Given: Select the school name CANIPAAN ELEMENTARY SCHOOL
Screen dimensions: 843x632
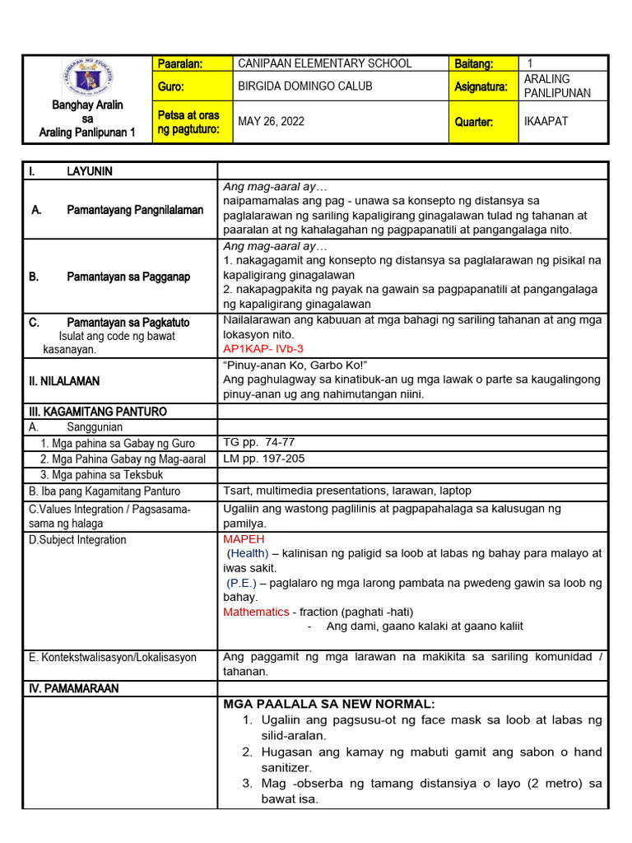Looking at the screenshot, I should [324, 63].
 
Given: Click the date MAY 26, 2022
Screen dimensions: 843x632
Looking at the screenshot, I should [271, 122].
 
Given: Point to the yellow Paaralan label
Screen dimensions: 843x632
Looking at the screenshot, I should [179, 63].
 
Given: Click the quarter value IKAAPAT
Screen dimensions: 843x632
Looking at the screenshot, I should [546, 122].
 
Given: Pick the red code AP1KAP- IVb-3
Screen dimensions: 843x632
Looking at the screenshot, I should [263, 349].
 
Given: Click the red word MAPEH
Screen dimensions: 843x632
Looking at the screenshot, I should [244, 538].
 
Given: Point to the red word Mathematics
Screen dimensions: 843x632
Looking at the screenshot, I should [256, 612].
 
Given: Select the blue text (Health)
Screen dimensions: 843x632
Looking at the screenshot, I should [248, 553].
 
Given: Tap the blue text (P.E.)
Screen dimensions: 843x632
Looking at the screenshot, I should [243, 583].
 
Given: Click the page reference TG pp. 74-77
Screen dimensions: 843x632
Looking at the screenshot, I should [258, 442].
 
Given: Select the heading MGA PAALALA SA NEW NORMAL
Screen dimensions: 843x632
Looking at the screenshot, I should [328, 704].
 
